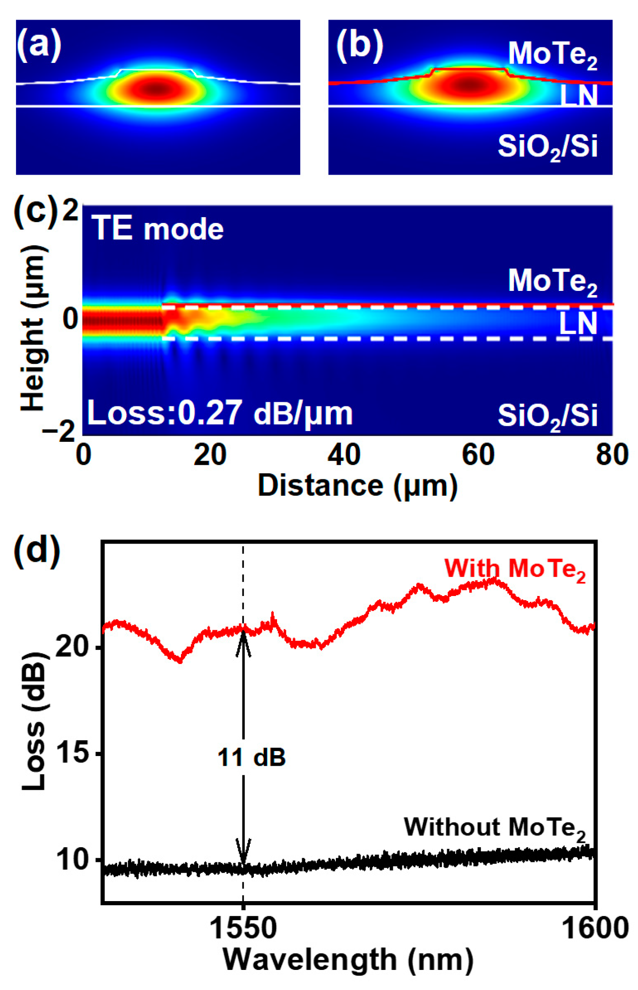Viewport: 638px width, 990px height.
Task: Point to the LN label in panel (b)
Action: tap(578, 96)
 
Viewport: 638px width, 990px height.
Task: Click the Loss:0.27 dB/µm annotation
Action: tap(220, 413)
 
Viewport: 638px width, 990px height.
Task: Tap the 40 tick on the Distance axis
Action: tap(344, 455)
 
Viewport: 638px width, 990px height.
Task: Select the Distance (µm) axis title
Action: tap(358, 485)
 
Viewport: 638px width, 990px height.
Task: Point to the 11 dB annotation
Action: tap(251, 757)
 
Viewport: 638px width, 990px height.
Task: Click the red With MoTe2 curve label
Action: tap(515, 570)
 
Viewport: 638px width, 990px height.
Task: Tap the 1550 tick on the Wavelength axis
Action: tap(243, 928)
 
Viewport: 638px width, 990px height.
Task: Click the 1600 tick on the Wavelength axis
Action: tap(595, 928)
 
